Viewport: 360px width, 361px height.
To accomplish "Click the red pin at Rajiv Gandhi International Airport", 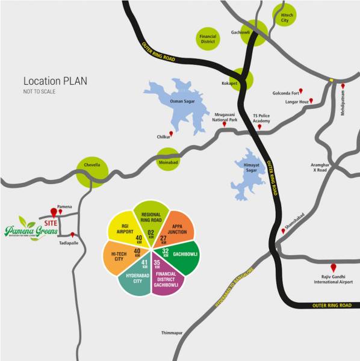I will [334, 267].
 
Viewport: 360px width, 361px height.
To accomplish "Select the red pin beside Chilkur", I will [172, 134].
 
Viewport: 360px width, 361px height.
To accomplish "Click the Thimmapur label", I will [172, 332].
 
